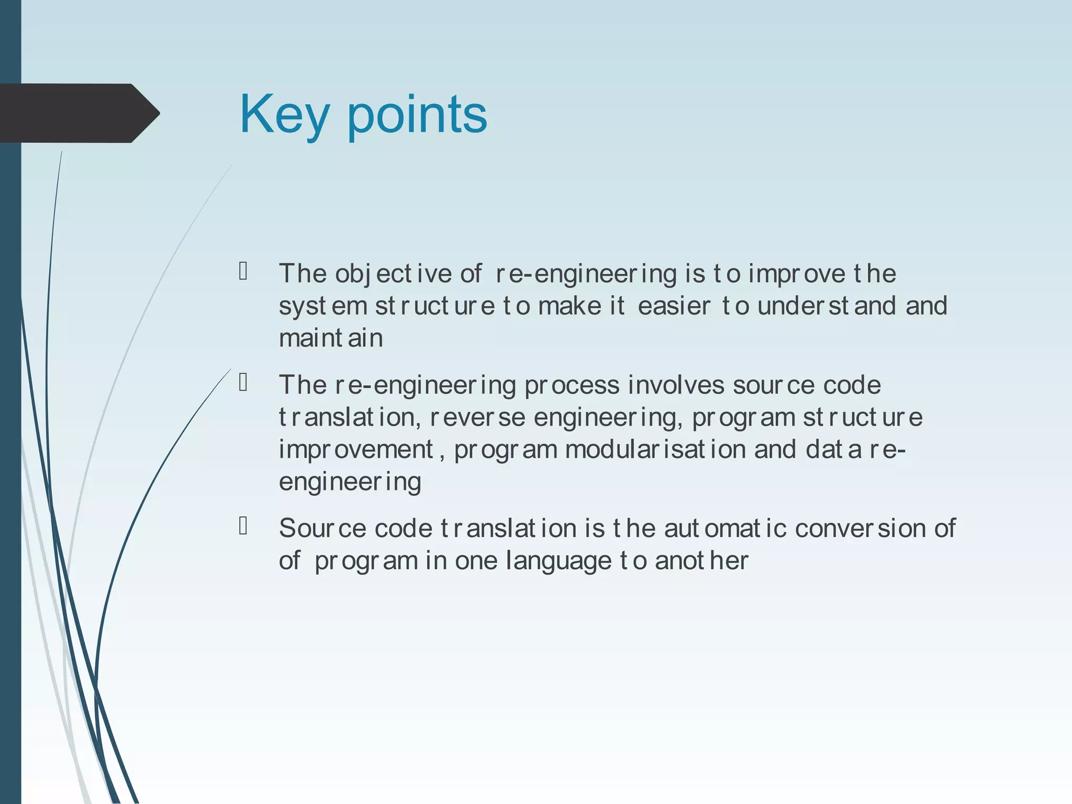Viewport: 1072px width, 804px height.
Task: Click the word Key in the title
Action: coord(283,115)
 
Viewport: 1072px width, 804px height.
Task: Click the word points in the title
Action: coord(417,115)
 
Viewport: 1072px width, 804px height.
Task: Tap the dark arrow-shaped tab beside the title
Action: coord(79,113)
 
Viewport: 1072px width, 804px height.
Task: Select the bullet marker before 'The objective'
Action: coord(243,271)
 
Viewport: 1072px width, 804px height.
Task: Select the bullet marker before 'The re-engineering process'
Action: coord(243,383)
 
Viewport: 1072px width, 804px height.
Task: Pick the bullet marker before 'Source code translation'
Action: coord(243,526)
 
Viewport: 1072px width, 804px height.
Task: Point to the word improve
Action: coord(796,274)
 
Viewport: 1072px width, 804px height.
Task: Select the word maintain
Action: coord(331,338)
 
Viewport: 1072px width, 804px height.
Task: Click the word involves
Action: coord(676,385)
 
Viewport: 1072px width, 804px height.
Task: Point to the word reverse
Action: coord(477,418)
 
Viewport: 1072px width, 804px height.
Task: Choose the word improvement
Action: coord(356,450)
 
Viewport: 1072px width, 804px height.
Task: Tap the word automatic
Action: coord(725,528)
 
